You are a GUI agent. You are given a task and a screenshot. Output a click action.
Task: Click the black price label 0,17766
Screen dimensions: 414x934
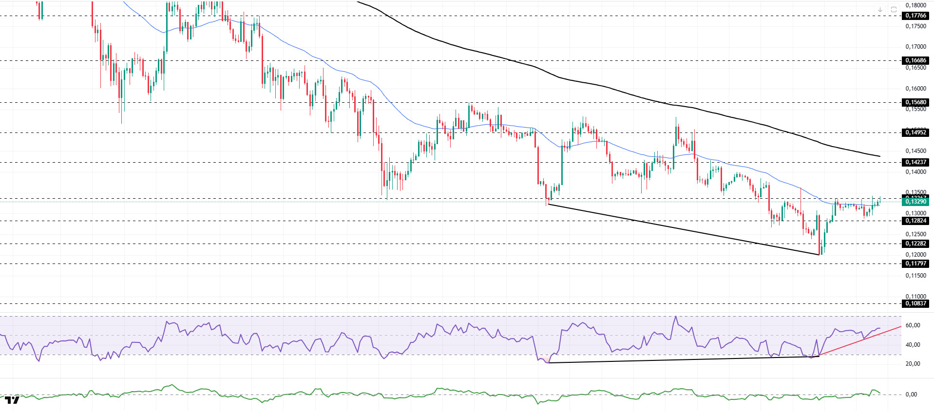(915, 16)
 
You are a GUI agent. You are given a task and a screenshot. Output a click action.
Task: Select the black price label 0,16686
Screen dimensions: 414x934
(915, 60)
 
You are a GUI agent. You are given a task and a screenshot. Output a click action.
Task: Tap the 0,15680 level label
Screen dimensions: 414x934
(915, 102)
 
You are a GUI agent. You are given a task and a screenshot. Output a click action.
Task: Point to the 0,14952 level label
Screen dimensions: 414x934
(915, 132)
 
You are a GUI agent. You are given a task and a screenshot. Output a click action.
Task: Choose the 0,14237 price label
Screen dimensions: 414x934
(915, 162)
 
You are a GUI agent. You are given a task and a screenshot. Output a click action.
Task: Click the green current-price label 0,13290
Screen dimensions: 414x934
(915, 202)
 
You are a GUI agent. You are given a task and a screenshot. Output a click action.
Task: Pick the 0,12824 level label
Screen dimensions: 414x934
(915, 221)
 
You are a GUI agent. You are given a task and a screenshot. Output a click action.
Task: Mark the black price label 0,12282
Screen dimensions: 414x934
(915, 244)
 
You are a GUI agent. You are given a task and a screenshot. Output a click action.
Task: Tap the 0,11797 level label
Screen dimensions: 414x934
(915, 263)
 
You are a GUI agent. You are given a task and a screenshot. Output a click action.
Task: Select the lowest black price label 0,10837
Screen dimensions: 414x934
(915, 303)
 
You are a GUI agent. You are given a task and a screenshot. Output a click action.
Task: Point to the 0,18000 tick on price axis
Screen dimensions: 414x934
(915, 5)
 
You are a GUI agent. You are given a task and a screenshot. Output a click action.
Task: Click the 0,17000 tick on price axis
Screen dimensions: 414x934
(915, 47)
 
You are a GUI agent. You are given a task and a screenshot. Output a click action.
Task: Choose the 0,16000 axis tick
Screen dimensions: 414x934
(915, 89)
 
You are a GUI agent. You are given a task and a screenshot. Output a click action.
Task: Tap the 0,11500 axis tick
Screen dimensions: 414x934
(915, 276)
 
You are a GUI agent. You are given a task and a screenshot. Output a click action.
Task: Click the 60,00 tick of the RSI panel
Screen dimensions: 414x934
(913, 325)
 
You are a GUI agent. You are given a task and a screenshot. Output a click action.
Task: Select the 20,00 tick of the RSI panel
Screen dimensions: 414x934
(913, 364)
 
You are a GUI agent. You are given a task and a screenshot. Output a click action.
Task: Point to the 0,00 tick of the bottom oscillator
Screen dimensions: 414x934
(911, 395)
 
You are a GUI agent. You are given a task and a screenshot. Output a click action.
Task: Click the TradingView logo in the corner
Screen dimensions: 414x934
(12, 400)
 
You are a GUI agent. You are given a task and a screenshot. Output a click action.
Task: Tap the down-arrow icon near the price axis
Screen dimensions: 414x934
(880, 9)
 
